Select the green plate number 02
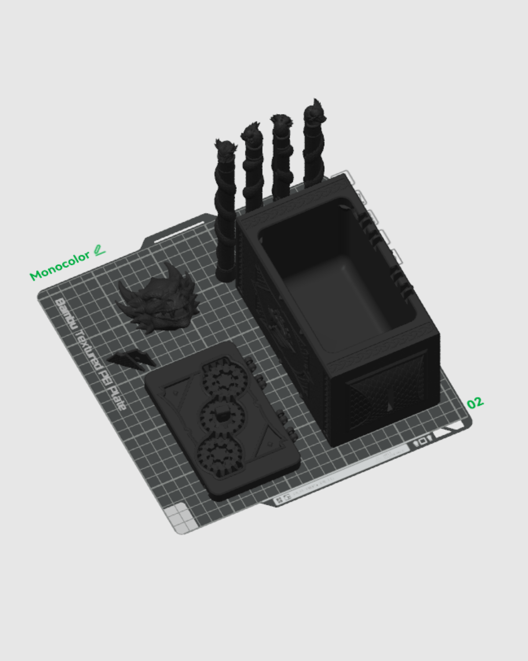point(475,403)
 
